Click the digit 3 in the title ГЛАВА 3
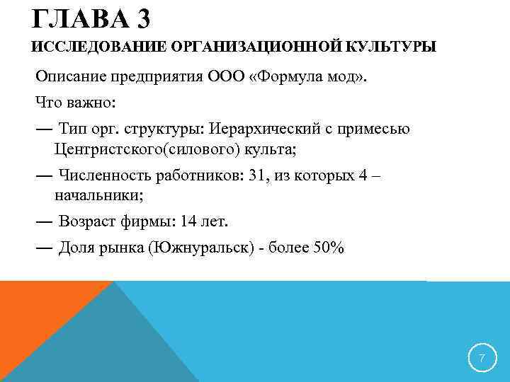pyautogui.click(x=140, y=18)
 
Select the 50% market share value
pyautogui.click(x=328, y=248)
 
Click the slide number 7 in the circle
pyautogui.click(x=482, y=359)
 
